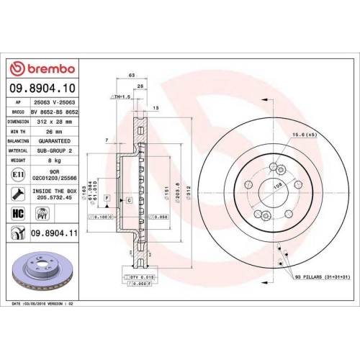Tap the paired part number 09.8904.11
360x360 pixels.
point(54,233)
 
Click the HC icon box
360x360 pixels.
point(18,214)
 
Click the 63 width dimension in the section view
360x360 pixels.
point(132,74)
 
